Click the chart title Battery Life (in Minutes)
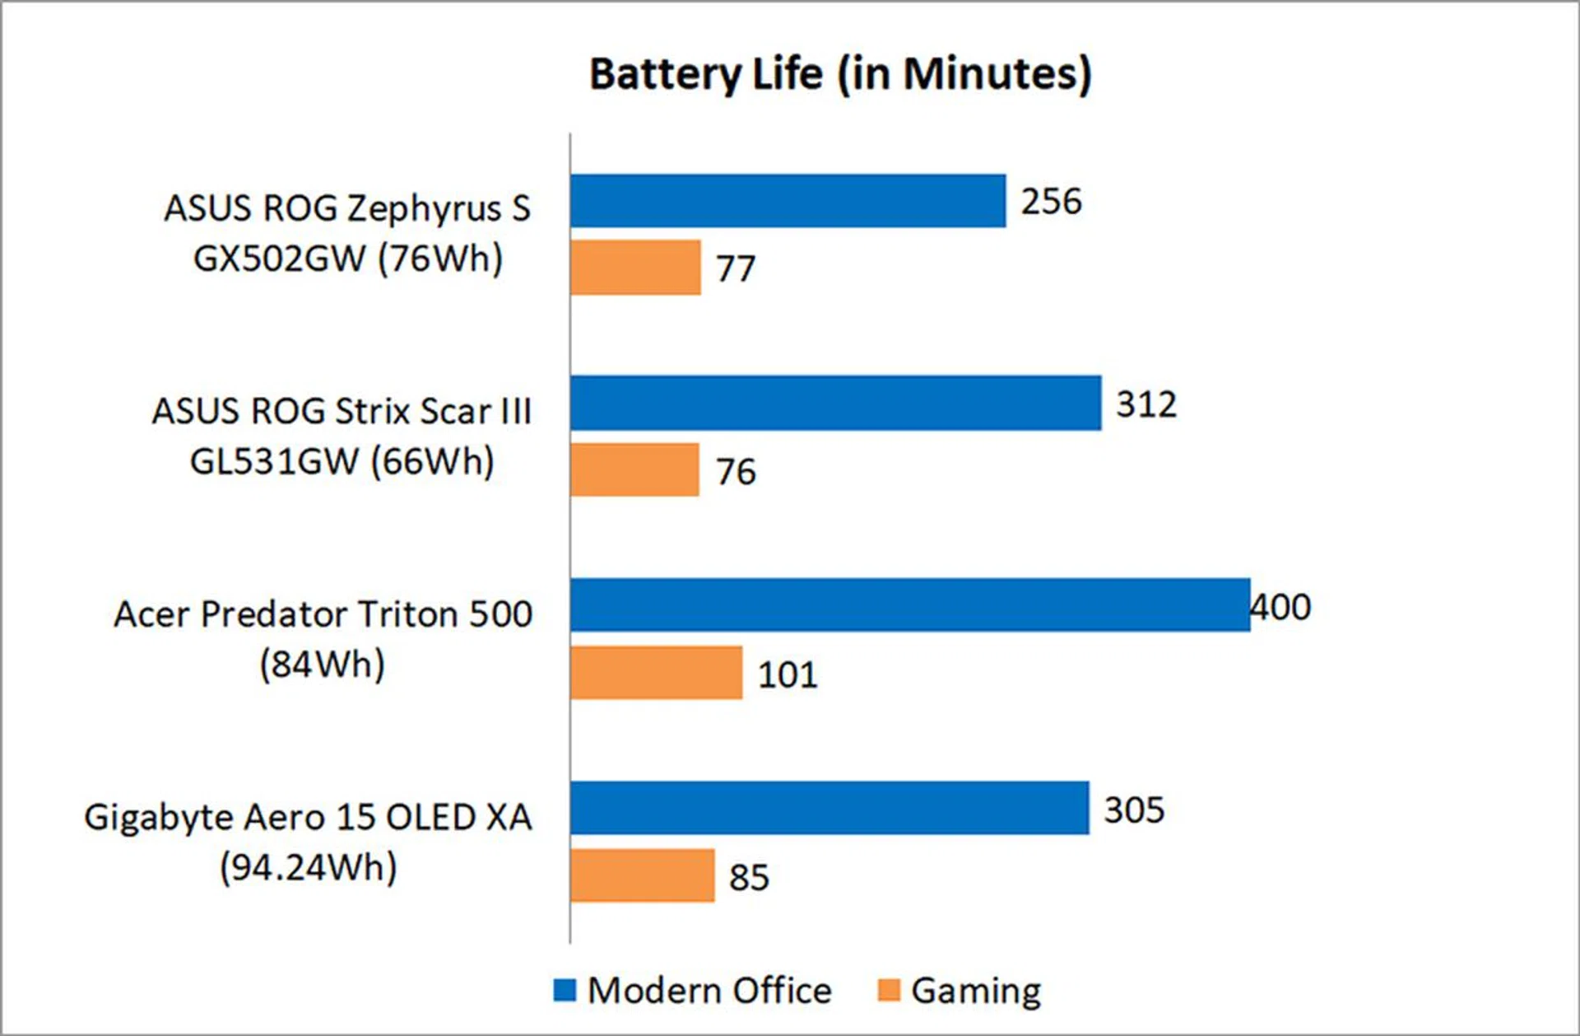tap(840, 74)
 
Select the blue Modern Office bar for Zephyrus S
tap(788, 201)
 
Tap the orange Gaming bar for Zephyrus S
tap(635, 268)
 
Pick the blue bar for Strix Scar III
tap(835, 403)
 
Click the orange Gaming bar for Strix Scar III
tap(634, 470)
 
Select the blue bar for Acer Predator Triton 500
tap(910, 605)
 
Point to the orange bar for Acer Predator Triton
tap(656, 673)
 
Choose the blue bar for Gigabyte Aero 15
tap(829, 808)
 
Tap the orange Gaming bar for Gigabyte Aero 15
tap(642, 875)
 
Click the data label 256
tap(1051, 202)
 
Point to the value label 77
tap(735, 269)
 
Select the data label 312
tap(1145, 404)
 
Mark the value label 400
tap(1280, 607)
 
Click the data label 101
tap(788, 675)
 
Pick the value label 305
tap(1134, 810)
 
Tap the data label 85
tap(749, 877)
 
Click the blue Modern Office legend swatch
tap(565, 990)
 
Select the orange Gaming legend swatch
tap(889, 990)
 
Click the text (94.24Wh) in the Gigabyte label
tap(309, 867)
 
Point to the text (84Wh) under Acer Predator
tap(322, 664)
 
